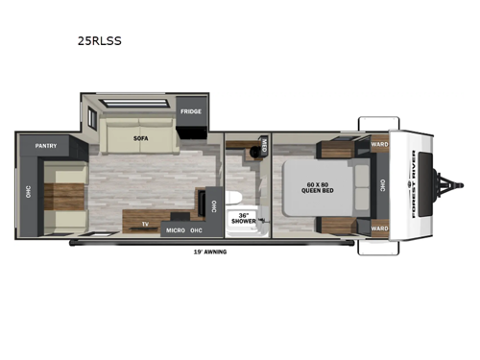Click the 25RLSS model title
(101, 41)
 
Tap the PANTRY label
(46, 146)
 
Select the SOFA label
(139, 139)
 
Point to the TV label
(144, 224)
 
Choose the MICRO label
(174, 230)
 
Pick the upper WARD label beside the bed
(379, 145)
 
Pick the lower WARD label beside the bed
(379, 228)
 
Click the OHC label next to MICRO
(196, 230)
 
